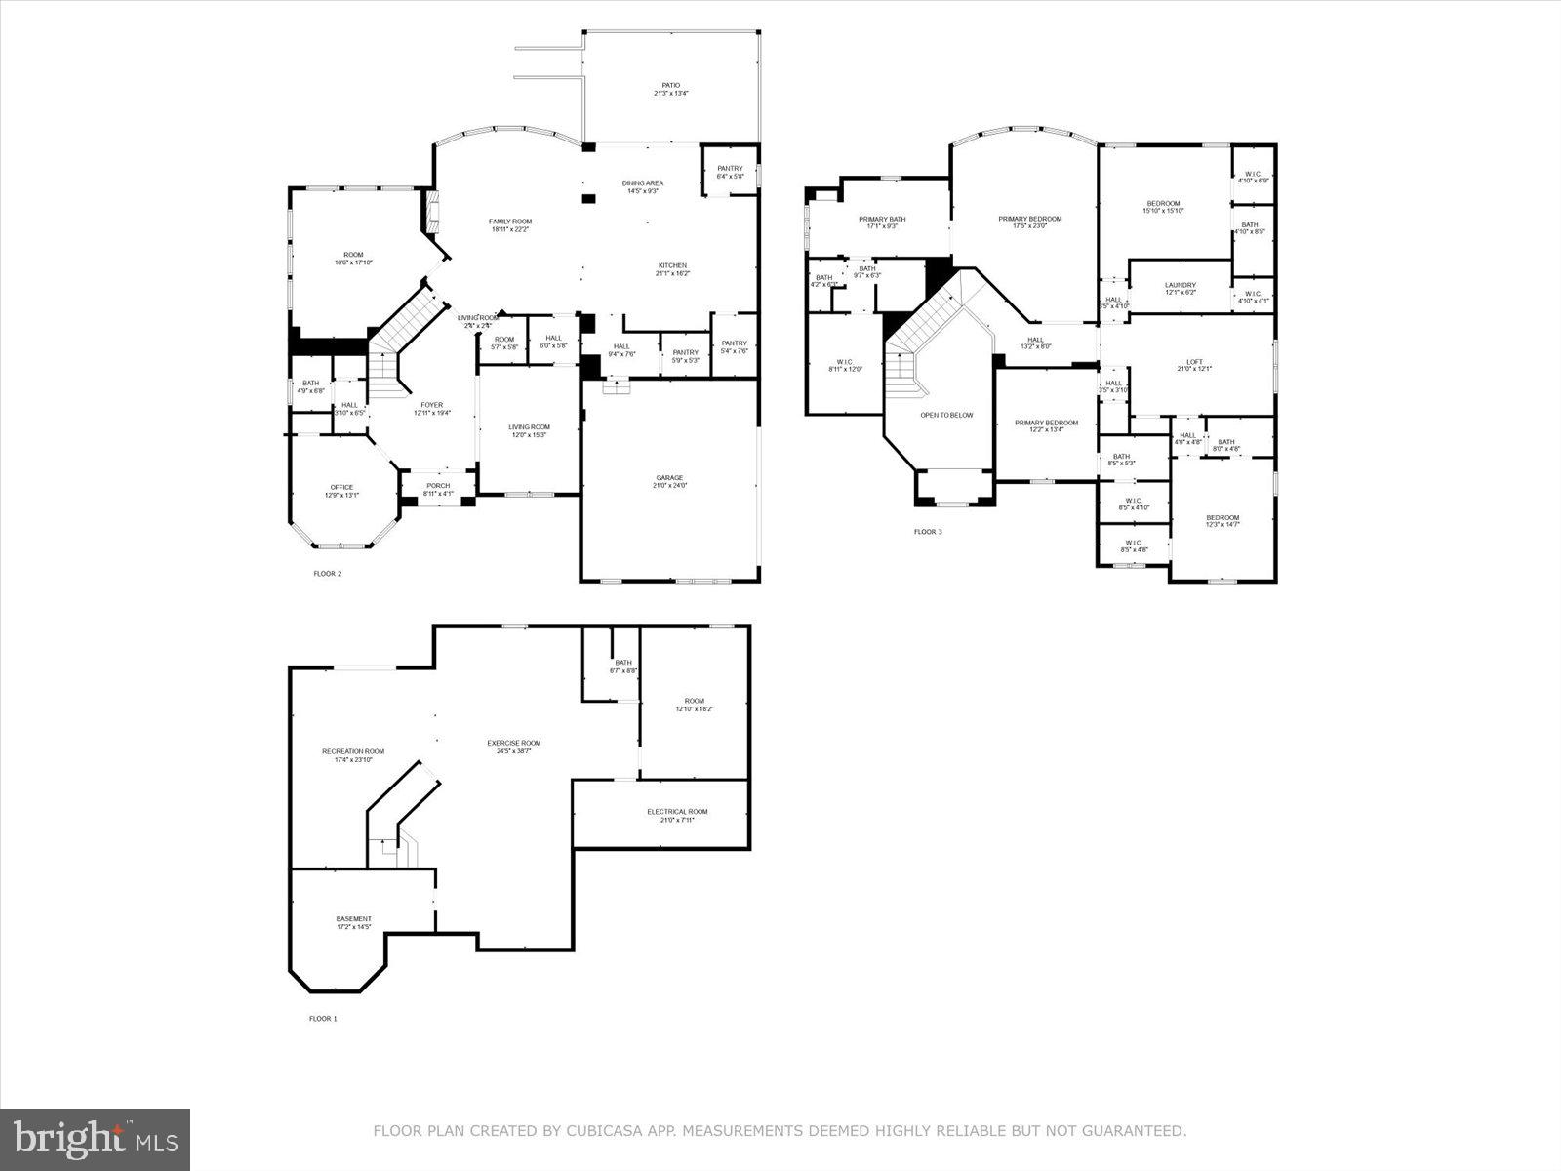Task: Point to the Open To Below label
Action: [x=946, y=415]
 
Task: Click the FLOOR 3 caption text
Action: [x=928, y=532]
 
